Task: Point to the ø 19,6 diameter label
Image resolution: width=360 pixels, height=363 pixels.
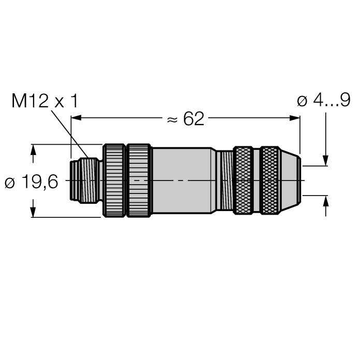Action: [x=32, y=182]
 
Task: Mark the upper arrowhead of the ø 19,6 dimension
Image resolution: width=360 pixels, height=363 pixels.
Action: [x=34, y=149]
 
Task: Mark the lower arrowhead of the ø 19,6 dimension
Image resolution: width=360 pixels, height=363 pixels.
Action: [x=34, y=213]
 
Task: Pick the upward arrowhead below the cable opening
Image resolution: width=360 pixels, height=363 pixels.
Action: [x=325, y=201]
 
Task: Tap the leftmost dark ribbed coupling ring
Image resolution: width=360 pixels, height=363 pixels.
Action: [x=114, y=180]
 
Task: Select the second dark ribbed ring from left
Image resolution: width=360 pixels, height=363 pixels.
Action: [x=139, y=180]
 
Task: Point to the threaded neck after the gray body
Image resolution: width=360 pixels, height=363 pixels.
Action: [x=224, y=180]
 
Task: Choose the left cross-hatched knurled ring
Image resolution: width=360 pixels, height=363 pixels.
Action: [x=243, y=180]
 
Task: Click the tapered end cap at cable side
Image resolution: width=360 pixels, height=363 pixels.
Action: [x=290, y=180]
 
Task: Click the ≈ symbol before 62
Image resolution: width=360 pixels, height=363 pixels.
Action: [x=171, y=119]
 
